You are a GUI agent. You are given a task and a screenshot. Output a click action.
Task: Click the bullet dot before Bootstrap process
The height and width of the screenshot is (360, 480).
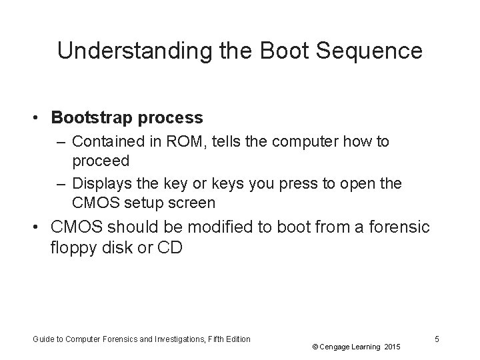pos(40,119)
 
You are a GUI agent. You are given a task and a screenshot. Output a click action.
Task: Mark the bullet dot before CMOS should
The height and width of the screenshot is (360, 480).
pos(40,228)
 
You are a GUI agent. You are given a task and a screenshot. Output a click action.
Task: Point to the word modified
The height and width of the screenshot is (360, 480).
pos(225,228)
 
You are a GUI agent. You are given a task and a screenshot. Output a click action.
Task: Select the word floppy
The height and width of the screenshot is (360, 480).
pos(71,248)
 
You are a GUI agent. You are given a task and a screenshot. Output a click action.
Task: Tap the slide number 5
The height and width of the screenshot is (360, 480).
pos(437,339)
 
